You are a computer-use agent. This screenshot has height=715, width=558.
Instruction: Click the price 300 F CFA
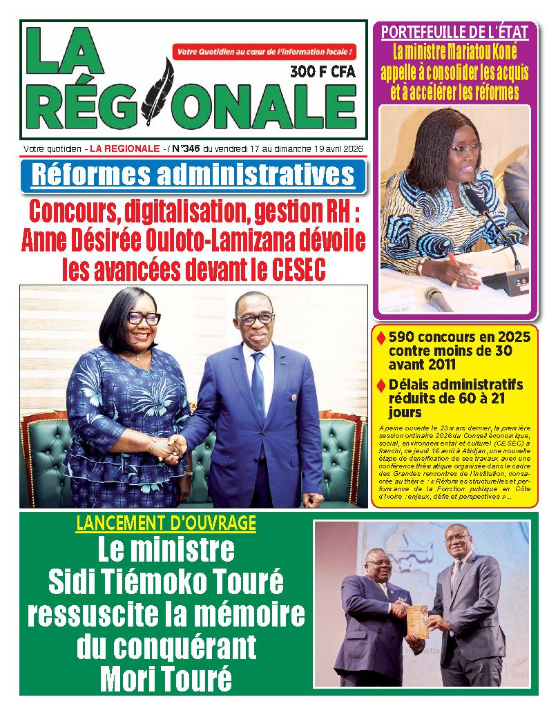click(322, 70)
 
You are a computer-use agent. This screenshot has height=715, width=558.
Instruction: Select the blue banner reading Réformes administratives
click(193, 175)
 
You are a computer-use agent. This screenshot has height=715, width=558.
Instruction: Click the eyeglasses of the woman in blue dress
click(143, 318)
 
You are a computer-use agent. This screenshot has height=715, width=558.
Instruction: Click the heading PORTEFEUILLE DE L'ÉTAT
click(454, 31)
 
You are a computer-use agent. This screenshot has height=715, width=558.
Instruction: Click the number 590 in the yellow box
click(404, 337)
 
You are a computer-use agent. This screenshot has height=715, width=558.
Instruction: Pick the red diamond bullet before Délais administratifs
click(381, 384)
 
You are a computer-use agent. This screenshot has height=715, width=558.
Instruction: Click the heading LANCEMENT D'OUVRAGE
click(165, 523)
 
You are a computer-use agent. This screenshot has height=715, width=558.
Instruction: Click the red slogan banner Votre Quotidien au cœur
click(266, 52)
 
